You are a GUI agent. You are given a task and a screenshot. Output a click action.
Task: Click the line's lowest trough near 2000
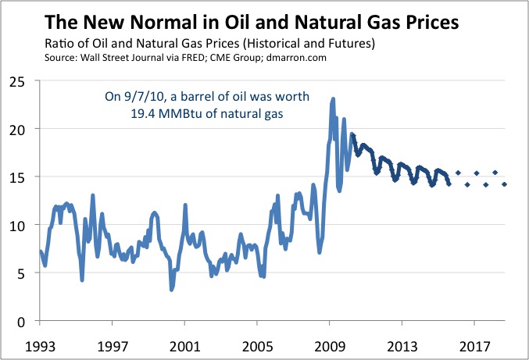pos(171,290)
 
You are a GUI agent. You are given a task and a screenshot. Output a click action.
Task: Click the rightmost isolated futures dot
pos(504,184)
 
